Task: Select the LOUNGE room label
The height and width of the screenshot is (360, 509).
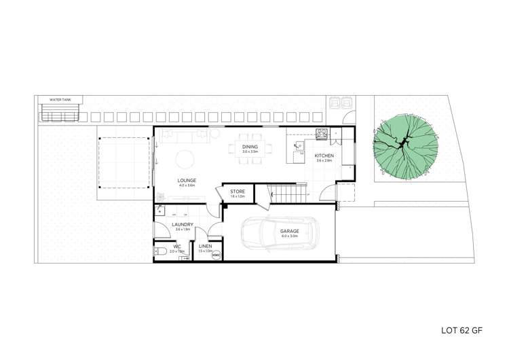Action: [x=187, y=180]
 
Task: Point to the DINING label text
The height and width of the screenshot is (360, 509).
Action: [x=250, y=147]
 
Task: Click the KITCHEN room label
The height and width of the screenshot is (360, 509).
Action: [x=323, y=156]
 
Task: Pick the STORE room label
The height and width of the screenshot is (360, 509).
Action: [x=237, y=192]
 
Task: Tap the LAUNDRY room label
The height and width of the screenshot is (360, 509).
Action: [x=183, y=224]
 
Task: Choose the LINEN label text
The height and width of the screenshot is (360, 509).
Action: [x=206, y=246]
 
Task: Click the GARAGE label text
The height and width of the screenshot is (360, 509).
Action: [x=290, y=232]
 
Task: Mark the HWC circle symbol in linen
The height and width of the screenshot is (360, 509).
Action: [x=216, y=256]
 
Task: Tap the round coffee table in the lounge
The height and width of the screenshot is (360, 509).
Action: [x=185, y=159]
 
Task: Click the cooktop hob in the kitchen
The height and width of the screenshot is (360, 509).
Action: [x=322, y=133]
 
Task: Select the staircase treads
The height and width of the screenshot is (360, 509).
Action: [x=285, y=195]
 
